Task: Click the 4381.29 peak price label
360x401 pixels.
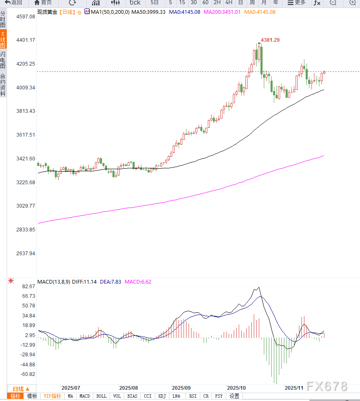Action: pyautogui.click(x=270, y=40)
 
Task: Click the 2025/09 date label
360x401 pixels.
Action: pyautogui.click(x=181, y=388)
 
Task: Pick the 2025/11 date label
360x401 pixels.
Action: pyautogui.click(x=294, y=388)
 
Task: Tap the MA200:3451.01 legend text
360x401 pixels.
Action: pyautogui.click(x=222, y=12)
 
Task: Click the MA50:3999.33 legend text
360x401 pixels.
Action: pyautogui.click(x=148, y=12)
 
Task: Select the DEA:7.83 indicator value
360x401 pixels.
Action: pyautogui.click(x=111, y=282)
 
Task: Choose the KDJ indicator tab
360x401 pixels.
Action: pyautogui.click(x=163, y=396)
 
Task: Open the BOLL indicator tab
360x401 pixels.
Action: pyautogui.click(x=101, y=396)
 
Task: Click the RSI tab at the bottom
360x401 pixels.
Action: pyautogui.click(x=193, y=396)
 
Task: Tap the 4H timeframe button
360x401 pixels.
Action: pyautogui.click(x=229, y=3)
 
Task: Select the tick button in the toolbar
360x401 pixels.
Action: pyautogui.click(x=135, y=3)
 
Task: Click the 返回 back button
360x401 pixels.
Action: pyautogui.click(x=13, y=3)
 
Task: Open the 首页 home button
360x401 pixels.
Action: pyautogui.click(x=43, y=3)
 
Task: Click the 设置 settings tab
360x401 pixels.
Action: pyautogui.click(x=234, y=396)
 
